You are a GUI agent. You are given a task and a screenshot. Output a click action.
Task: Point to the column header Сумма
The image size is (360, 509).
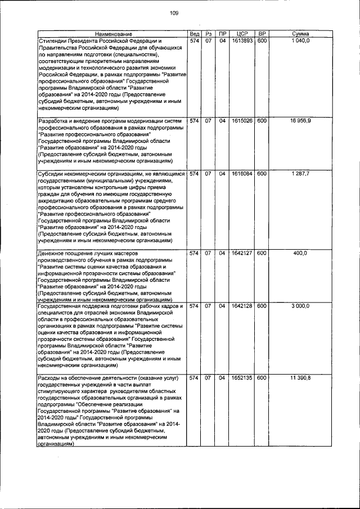tap(301, 34)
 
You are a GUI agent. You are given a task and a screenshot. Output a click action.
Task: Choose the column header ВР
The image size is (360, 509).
tap(262, 34)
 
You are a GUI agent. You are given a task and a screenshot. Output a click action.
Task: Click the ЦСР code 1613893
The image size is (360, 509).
tap(242, 41)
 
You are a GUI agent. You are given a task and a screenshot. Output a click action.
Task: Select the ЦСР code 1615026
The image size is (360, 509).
tap(242, 121)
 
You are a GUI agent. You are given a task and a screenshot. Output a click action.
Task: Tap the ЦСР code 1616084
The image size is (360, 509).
tap(242, 174)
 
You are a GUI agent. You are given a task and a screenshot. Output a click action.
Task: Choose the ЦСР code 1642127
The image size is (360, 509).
tap(242, 253)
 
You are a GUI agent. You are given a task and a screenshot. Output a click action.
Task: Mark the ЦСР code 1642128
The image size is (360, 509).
tap(242, 306)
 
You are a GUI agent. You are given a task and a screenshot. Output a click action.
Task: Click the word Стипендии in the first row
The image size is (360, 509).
tap(51, 42)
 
